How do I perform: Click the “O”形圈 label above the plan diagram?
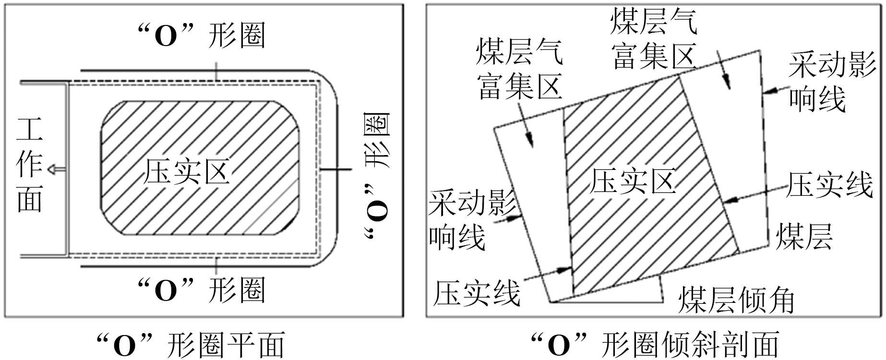tap(201, 36)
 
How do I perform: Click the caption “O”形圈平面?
tap(191, 345)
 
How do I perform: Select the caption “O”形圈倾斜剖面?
tap(655, 345)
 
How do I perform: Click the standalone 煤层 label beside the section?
tap(804, 236)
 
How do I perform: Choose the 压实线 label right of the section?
tap(829, 185)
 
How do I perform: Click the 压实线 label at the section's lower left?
tap(477, 292)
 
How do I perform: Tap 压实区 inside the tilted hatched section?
tap(633, 181)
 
